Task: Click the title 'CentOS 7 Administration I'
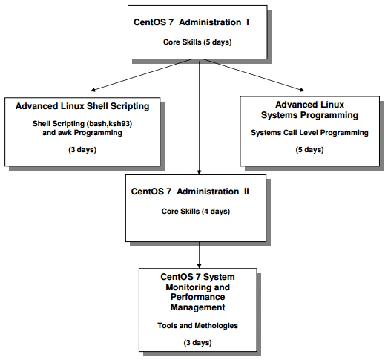[191, 22]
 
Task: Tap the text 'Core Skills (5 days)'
[197, 42]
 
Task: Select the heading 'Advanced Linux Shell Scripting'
[82, 106]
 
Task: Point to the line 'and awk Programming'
[82, 133]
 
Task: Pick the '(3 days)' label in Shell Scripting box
[82, 150]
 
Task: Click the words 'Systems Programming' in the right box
[309, 115]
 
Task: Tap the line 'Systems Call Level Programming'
[309, 133]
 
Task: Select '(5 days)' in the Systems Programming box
[309, 150]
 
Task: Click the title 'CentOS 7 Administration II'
[190, 192]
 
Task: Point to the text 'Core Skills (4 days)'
[196, 212]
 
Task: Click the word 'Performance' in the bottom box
[198, 297]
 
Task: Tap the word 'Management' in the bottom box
[198, 307]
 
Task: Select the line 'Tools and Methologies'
[198, 325]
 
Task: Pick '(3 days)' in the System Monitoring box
[198, 343]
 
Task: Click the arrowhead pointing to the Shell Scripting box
[93, 90]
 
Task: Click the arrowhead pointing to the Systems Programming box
[302, 90]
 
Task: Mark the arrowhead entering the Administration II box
[200, 172]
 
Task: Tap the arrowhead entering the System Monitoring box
[200, 266]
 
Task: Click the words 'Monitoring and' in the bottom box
[198, 287]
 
